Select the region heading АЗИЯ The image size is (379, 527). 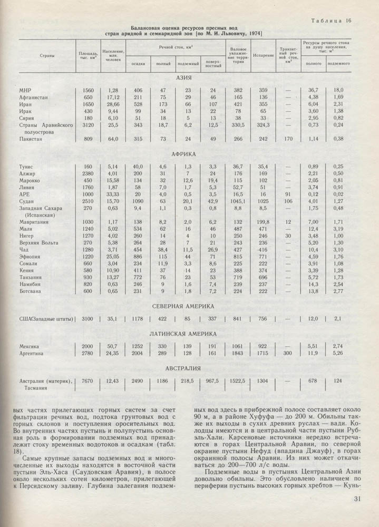click(184, 78)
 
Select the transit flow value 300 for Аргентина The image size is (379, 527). click(288, 354)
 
